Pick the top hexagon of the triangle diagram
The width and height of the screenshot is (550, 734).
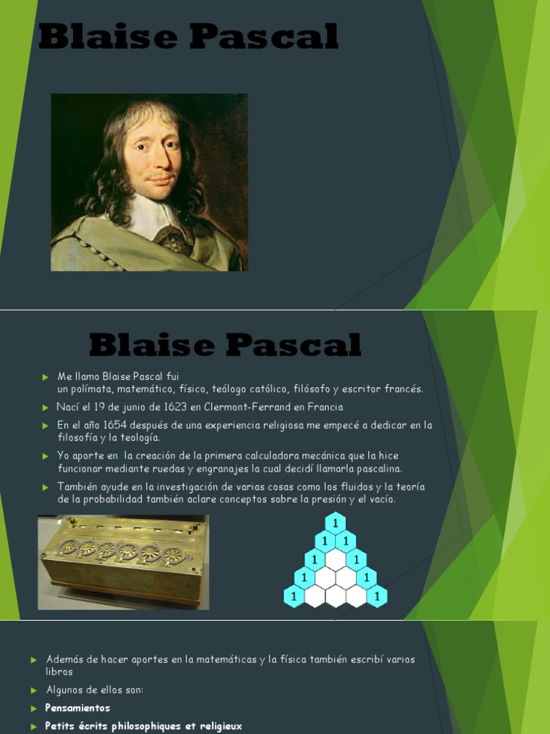coord(335,523)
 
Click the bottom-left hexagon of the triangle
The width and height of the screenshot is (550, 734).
coord(294,596)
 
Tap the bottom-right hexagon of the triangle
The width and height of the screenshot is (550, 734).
coord(377,596)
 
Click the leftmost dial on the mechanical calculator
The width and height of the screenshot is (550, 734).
coord(68,547)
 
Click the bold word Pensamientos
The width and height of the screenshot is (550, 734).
coord(77,708)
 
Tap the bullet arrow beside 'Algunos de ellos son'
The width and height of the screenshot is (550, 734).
coord(33,690)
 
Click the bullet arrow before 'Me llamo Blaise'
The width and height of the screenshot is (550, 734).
coord(44,376)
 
